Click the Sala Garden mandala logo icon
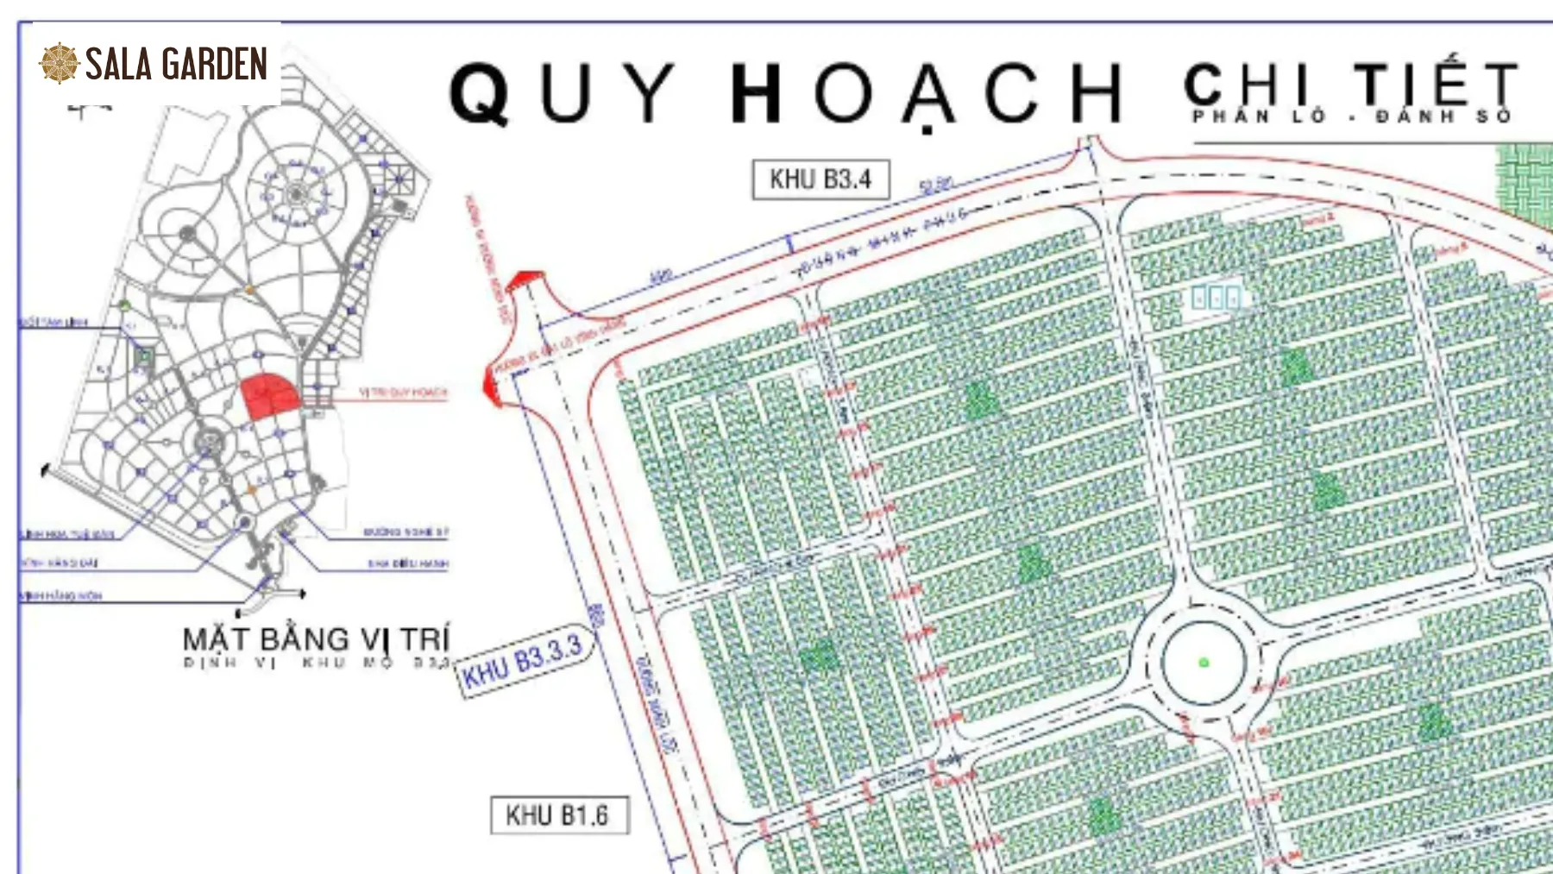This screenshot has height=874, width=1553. click(60, 64)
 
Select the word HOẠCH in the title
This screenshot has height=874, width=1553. click(927, 92)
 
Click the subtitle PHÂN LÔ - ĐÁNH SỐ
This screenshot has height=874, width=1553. click(1352, 116)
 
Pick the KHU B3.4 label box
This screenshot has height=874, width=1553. click(821, 179)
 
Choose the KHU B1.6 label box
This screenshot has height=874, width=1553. click(558, 815)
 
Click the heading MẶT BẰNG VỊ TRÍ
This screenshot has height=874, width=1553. click(316, 639)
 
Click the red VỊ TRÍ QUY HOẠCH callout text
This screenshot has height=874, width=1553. click(403, 393)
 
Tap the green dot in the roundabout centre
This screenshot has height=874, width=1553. click(1204, 663)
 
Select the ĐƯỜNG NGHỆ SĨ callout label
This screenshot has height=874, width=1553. click(406, 532)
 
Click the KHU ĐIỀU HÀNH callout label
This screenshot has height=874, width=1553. click(408, 564)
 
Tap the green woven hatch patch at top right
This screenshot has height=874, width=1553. click(1525, 183)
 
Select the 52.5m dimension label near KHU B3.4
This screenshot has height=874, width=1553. click(935, 185)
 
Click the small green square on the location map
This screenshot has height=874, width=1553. click(144, 355)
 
